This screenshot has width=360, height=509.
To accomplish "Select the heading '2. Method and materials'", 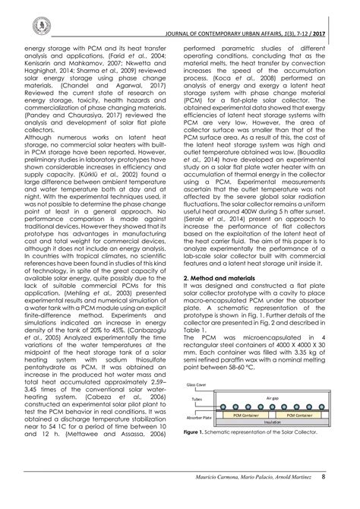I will pos(221,301).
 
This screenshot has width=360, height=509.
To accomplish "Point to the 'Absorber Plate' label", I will pos(200,418).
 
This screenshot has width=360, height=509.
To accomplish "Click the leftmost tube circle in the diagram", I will pos(223,406).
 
